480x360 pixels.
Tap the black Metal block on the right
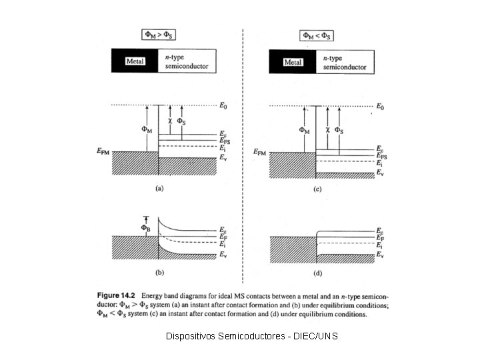coord(293,62)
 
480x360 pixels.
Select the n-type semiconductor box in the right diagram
coord(345,62)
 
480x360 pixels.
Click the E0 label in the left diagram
coord(223,105)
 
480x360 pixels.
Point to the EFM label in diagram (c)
coord(263,153)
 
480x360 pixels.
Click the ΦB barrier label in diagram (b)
coord(145,228)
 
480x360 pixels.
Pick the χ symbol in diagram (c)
coord(327,130)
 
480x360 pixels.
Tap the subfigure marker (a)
coord(159,189)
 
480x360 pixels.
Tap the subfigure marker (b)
coord(159,273)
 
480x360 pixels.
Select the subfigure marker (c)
coord(317,189)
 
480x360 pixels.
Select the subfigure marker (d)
coord(317,273)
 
